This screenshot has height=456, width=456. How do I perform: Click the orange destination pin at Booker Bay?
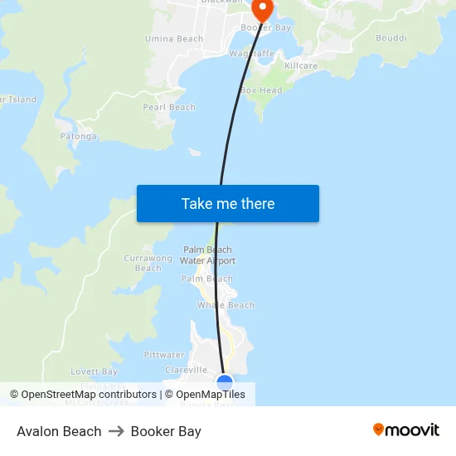(x=262, y=9)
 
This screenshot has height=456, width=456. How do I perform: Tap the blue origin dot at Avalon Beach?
(x=225, y=381)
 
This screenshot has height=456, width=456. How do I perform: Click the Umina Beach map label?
(x=174, y=39)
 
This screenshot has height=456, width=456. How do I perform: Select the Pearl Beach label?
(x=169, y=107)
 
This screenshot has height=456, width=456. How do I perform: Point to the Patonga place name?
(x=79, y=136)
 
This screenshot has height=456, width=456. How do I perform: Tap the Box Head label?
(x=261, y=90)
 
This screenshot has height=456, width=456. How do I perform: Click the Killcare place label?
(x=301, y=65)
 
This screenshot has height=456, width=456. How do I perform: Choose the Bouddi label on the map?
(x=391, y=38)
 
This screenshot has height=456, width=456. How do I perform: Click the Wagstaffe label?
(x=251, y=53)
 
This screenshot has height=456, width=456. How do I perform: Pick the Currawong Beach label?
(x=148, y=263)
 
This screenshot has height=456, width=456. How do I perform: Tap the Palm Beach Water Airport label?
(x=208, y=255)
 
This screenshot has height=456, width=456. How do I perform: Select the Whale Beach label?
(x=226, y=305)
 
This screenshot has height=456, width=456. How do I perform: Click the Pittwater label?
(x=164, y=355)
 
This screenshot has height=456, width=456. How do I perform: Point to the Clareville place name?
(x=187, y=370)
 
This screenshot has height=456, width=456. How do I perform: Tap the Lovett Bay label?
(x=95, y=371)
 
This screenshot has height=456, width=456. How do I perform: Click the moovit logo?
(x=406, y=430)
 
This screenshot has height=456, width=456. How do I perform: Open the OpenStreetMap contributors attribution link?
(x=89, y=395)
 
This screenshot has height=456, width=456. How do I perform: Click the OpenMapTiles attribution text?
(x=211, y=395)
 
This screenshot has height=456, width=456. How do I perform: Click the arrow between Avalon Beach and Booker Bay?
(x=116, y=431)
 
